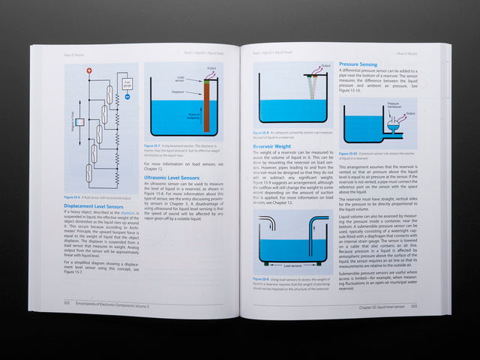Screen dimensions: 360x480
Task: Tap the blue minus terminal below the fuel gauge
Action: click(x=127, y=96)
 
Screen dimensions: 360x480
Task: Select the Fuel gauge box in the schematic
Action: click(x=128, y=83)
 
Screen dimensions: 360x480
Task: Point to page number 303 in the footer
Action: click(x=412, y=306)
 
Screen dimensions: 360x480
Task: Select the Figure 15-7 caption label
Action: click(x=153, y=145)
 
